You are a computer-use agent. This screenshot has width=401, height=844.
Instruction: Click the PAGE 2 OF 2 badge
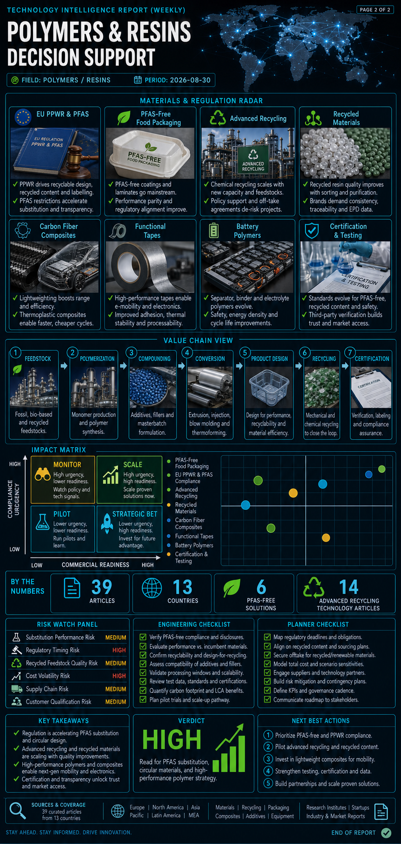click(x=375, y=9)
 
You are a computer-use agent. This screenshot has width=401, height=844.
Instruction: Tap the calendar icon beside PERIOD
click(x=138, y=80)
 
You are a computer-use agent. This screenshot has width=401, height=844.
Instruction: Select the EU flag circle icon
click(x=23, y=117)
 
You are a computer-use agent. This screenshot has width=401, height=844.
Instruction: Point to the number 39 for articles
click(x=102, y=587)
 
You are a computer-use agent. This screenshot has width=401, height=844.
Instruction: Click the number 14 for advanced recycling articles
click(x=349, y=587)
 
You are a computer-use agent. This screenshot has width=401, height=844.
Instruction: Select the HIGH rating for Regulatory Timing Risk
click(x=119, y=650)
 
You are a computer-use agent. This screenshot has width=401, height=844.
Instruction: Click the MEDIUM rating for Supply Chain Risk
click(x=116, y=689)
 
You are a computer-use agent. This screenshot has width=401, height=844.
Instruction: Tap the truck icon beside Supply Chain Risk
click(x=17, y=689)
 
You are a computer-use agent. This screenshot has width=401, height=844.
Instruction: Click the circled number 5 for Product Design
click(x=245, y=353)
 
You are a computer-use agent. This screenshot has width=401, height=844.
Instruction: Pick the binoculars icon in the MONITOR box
click(x=43, y=474)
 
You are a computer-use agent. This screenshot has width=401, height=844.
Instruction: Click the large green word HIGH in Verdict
click(x=172, y=740)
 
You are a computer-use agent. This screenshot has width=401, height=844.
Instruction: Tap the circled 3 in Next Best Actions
click(x=268, y=759)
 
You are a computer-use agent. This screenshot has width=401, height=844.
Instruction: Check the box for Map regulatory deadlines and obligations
click(x=267, y=637)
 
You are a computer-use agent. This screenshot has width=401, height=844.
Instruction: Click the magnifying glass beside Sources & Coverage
click(x=18, y=810)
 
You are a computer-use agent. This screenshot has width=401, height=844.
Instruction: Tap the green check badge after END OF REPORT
click(x=386, y=833)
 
